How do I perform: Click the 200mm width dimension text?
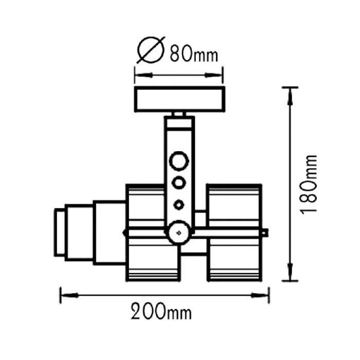coord(160,312)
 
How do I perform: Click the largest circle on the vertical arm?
coord(179,161)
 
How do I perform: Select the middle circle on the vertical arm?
coord(179,183)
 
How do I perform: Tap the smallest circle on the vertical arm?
coord(179,204)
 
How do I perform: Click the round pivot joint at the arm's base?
coord(179,232)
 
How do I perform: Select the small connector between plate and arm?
coord(179,114)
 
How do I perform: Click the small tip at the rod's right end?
coord(265,232)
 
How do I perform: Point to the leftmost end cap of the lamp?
coord(60,232)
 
